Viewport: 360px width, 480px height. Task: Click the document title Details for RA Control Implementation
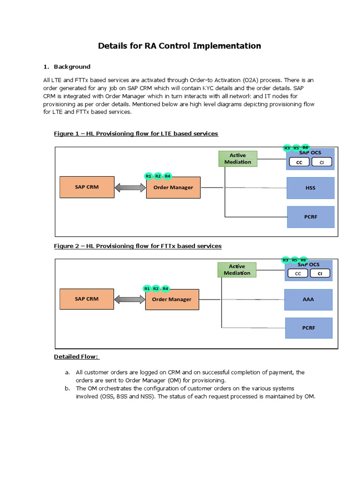pyautogui.click(x=179, y=46)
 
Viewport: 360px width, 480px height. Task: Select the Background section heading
pyautogui.click(x=72, y=67)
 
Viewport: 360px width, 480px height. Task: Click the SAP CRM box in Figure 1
pyautogui.click(x=87, y=187)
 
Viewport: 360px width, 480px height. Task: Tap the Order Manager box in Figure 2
pyautogui.click(x=172, y=300)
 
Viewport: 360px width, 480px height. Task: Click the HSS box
pyautogui.click(x=310, y=188)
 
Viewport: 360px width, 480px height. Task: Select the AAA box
pyautogui.click(x=308, y=300)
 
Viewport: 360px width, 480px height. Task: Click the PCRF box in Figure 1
pyautogui.click(x=310, y=217)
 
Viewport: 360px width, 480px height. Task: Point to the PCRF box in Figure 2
pyautogui.click(x=308, y=328)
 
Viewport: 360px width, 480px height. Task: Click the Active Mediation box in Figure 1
pyautogui.click(x=238, y=159)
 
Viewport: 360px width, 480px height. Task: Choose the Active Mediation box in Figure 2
pyautogui.click(x=237, y=270)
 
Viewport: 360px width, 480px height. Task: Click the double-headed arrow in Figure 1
pyautogui.click(x=130, y=187)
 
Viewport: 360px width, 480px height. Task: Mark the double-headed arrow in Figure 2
pyautogui.click(x=129, y=299)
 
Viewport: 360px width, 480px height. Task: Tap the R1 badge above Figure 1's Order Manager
pyautogui.click(x=149, y=176)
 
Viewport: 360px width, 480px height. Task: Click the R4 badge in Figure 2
pyautogui.click(x=165, y=289)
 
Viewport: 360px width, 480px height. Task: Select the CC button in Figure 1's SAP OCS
pyautogui.click(x=299, y=163)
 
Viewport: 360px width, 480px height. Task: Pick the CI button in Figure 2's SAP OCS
pyautogui.click(x=320, y=274)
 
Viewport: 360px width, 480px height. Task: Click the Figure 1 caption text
pyautogui.click(x=136, y=134)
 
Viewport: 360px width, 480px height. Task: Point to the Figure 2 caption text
pyautogui.click(x=138, y=246)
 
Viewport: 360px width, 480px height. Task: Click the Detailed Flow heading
pyautogui.click(x=76, y=357)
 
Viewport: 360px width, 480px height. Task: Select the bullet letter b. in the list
pyautogui.click(x=67, y=389)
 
